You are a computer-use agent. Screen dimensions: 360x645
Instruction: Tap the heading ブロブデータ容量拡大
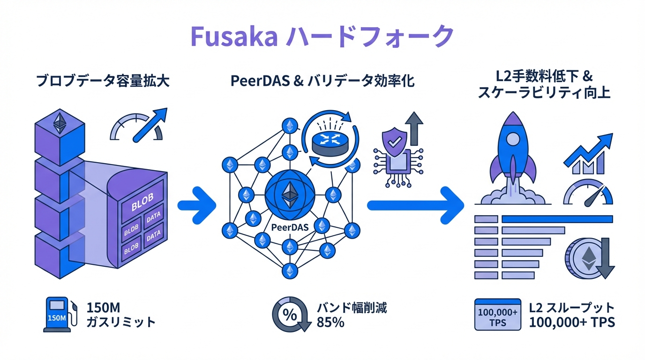103,81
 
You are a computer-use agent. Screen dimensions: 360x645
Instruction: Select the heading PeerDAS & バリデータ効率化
322,81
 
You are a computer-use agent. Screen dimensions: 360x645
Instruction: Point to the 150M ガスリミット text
120,315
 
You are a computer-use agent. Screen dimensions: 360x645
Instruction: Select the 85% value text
330,322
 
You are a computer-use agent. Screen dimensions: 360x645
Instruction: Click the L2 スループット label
571,308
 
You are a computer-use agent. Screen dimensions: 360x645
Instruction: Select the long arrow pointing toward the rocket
415,205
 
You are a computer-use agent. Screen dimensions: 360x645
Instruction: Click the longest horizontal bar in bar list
557,219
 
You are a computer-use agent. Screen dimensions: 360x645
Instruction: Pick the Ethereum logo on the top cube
60,123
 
